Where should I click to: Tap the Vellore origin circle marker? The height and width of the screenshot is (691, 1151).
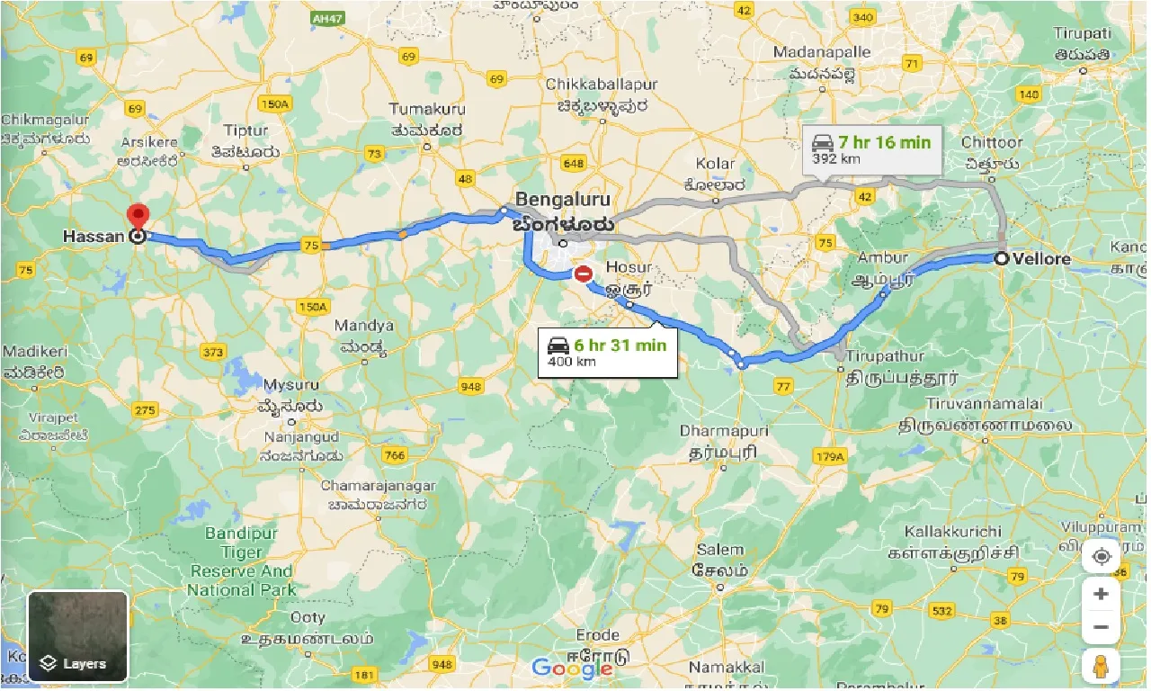click(1001, 258)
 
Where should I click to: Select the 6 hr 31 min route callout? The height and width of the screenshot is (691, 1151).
click(607, 352)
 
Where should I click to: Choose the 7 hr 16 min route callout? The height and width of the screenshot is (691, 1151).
click(871, 148)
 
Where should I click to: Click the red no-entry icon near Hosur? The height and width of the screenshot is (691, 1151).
click(584, 273)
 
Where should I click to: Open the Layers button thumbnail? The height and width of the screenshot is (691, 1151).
click(78, 635)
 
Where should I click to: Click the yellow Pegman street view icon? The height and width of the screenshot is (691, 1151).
click(1101, 667)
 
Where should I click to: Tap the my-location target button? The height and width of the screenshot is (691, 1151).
click(1101, 557)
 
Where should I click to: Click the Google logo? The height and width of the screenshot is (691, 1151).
click(572, 669)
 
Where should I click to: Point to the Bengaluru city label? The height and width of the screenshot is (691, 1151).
click(563, 199)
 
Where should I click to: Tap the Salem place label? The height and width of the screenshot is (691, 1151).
click(720, 549)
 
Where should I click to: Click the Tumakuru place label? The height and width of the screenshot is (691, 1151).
click(427, 109)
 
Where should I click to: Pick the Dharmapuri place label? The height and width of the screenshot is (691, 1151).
click(724, 431)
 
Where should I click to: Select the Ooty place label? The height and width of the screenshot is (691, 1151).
click(308, 618)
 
